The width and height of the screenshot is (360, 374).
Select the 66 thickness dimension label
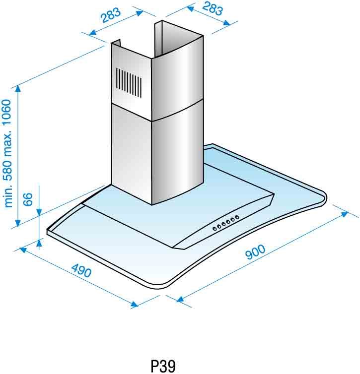point(28,199)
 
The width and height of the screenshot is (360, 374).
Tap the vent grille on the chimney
point(129,82)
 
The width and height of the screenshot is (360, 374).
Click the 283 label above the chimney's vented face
point(111,15)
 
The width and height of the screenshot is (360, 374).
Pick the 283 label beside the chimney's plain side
point(212,9)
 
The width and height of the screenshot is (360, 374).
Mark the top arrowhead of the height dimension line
point(18,89)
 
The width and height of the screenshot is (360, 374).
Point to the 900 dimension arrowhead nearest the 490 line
point(180,299)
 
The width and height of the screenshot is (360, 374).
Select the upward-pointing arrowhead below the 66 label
point(39,243)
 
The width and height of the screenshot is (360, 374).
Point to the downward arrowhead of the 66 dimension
point(39,212)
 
